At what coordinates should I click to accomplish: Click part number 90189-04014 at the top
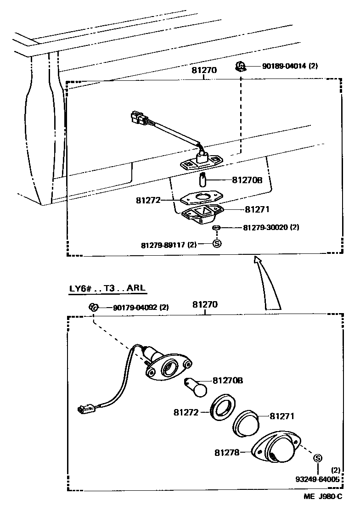pyautogui.click(x=283, y=66)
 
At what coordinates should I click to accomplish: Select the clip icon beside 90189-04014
pyautogui.click(x=239, y=67)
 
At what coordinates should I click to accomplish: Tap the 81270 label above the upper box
pyautogui.click(x=204, y=71)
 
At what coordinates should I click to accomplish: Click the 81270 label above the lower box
pyautogui.click(x=204, y=304)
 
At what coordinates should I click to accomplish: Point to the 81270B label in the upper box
pyautogui.click(x=247, y=180)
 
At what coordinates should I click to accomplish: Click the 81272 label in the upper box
pyautogui.click(x=148, y=201)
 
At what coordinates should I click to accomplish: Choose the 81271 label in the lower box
pyautogui.click(x=281, y=416)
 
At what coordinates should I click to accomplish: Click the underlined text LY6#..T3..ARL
pyautogui.click(x=106, y=289)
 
